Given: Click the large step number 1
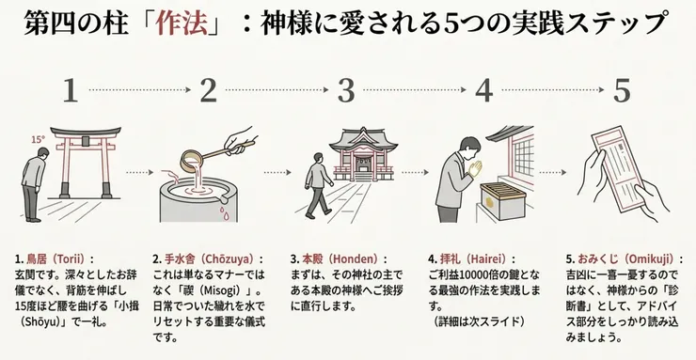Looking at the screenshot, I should point(69,90).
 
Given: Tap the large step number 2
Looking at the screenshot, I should point(208,90).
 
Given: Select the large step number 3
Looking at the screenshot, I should point(346,90).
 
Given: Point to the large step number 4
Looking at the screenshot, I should point(484,90).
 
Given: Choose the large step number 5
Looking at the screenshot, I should point(622,90).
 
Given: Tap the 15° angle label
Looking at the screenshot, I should point(38,138).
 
